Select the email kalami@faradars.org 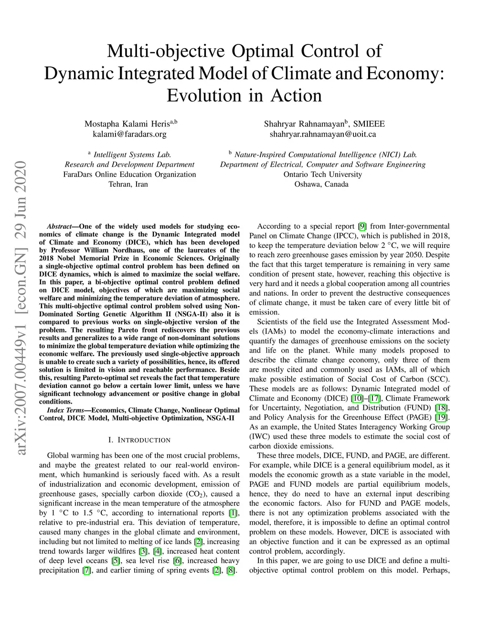click(x=129, y=134)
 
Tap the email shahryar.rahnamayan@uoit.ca click(x=323, y=134)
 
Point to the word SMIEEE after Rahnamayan click(x=369, y=124)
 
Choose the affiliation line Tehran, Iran click(x=128, y=184)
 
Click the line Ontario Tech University click(x=323, y=174)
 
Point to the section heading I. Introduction click(x=139, y=440)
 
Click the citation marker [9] click(x=362, y=226)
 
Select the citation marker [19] click(x=442, y=417)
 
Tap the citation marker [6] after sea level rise click(x=177, y=561)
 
